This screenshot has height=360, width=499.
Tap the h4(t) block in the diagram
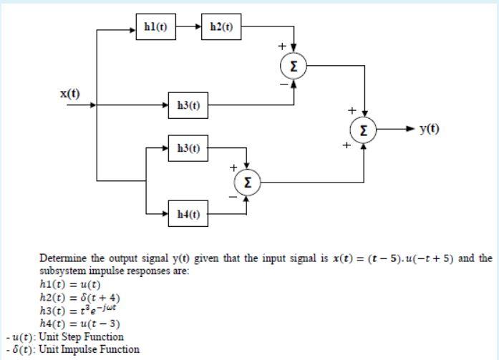click(x=188, y=213)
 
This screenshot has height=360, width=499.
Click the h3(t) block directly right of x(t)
click(x=187, y=105)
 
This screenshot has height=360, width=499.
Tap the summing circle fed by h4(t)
click(x=246, y=182)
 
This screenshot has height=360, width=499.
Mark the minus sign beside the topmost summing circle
click(x=283, y=84)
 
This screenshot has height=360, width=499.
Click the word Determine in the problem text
click(x=62, y=258)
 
